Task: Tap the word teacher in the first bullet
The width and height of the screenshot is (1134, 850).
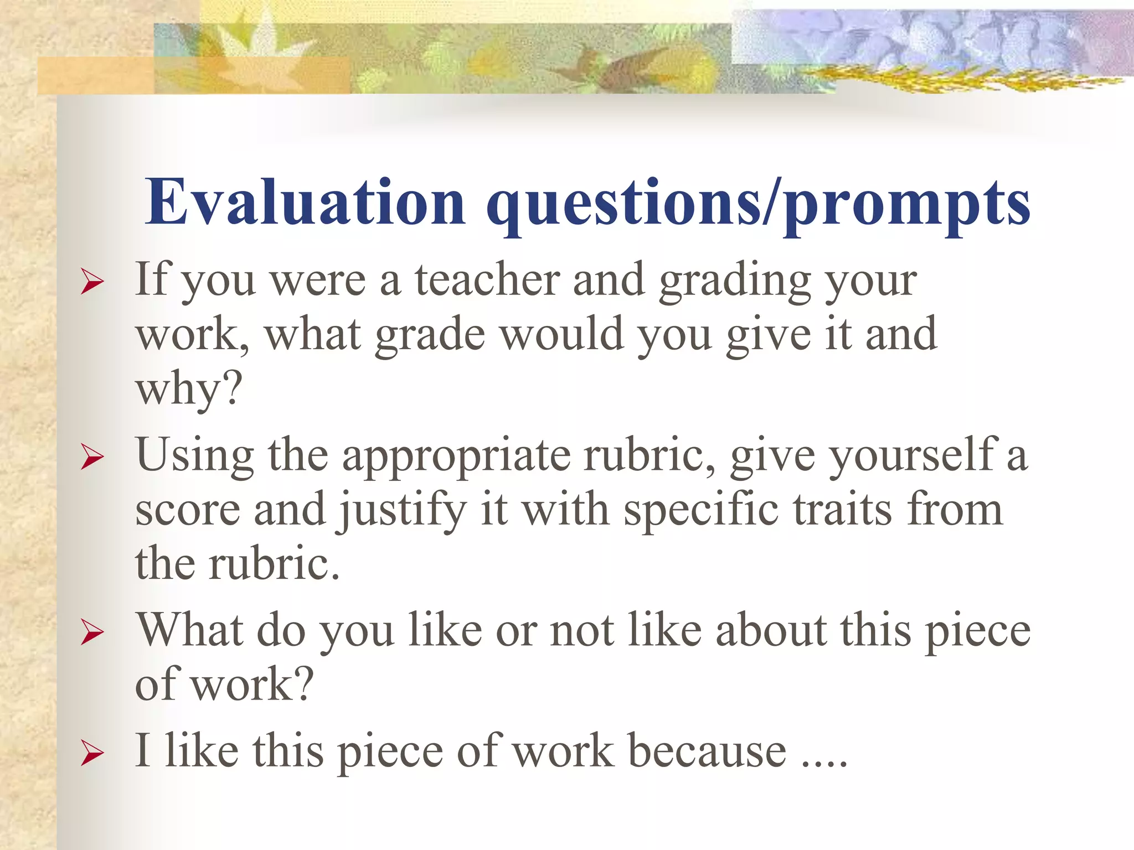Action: click(x=487, y=279)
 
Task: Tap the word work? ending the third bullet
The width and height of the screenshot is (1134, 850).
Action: click(x=252, y=685)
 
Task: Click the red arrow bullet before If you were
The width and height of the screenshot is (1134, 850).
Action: click(x=92, y=282)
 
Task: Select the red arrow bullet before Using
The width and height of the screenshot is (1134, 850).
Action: click(x=92, y=457)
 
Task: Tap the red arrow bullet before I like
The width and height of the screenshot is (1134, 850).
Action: click(x=92, y=753)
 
